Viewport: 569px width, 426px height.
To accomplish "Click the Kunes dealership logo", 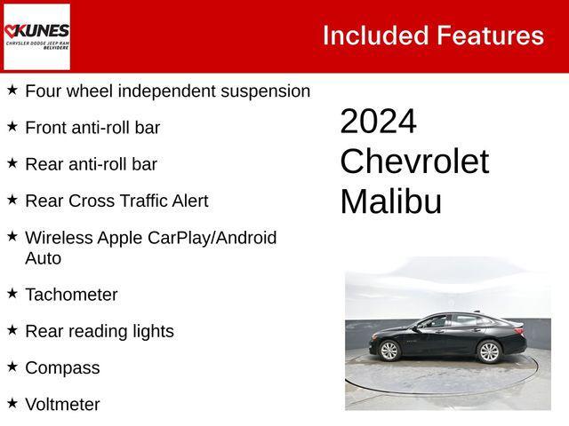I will [36, 35].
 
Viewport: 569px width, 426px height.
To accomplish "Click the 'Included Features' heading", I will [433, 35].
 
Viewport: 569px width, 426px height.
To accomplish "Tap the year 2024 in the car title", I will [378, 122].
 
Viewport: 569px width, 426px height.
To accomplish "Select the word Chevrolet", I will [413, 162].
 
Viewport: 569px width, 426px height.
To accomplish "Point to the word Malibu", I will [390, 202].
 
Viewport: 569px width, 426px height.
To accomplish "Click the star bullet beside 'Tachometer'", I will [12, 292].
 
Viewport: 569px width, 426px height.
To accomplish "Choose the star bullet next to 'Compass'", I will [12, 365].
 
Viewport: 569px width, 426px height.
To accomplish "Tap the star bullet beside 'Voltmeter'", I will [12, 402].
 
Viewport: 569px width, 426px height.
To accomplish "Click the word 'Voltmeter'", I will [62, 405].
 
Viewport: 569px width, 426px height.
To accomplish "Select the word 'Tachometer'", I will [71, 295].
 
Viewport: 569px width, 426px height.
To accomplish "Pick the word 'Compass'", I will [62, 367].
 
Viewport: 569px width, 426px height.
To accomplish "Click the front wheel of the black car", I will [390, 351].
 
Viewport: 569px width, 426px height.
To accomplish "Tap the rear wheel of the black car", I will [489, 351].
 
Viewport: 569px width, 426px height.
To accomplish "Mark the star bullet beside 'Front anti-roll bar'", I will [12, 126].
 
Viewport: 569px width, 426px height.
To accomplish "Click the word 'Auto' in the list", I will [44, 258].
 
